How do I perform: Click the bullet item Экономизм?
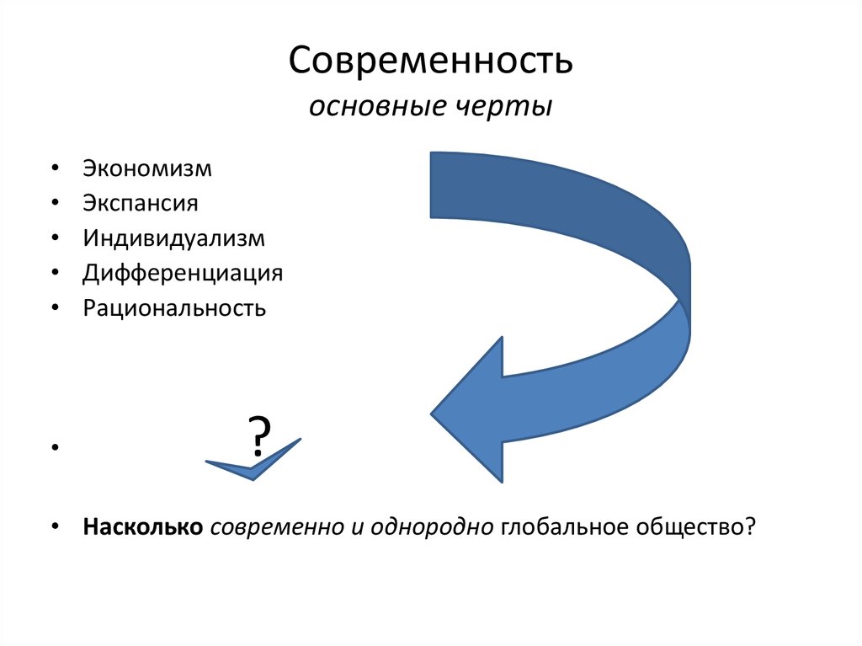tap(147, 168)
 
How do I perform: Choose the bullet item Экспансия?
tap(140, 203)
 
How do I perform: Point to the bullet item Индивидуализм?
tap(173, 238)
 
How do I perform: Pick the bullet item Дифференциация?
tap(183, 273)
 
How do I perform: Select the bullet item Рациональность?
tap(174, 308)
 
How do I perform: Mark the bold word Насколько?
tap(142, 526)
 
